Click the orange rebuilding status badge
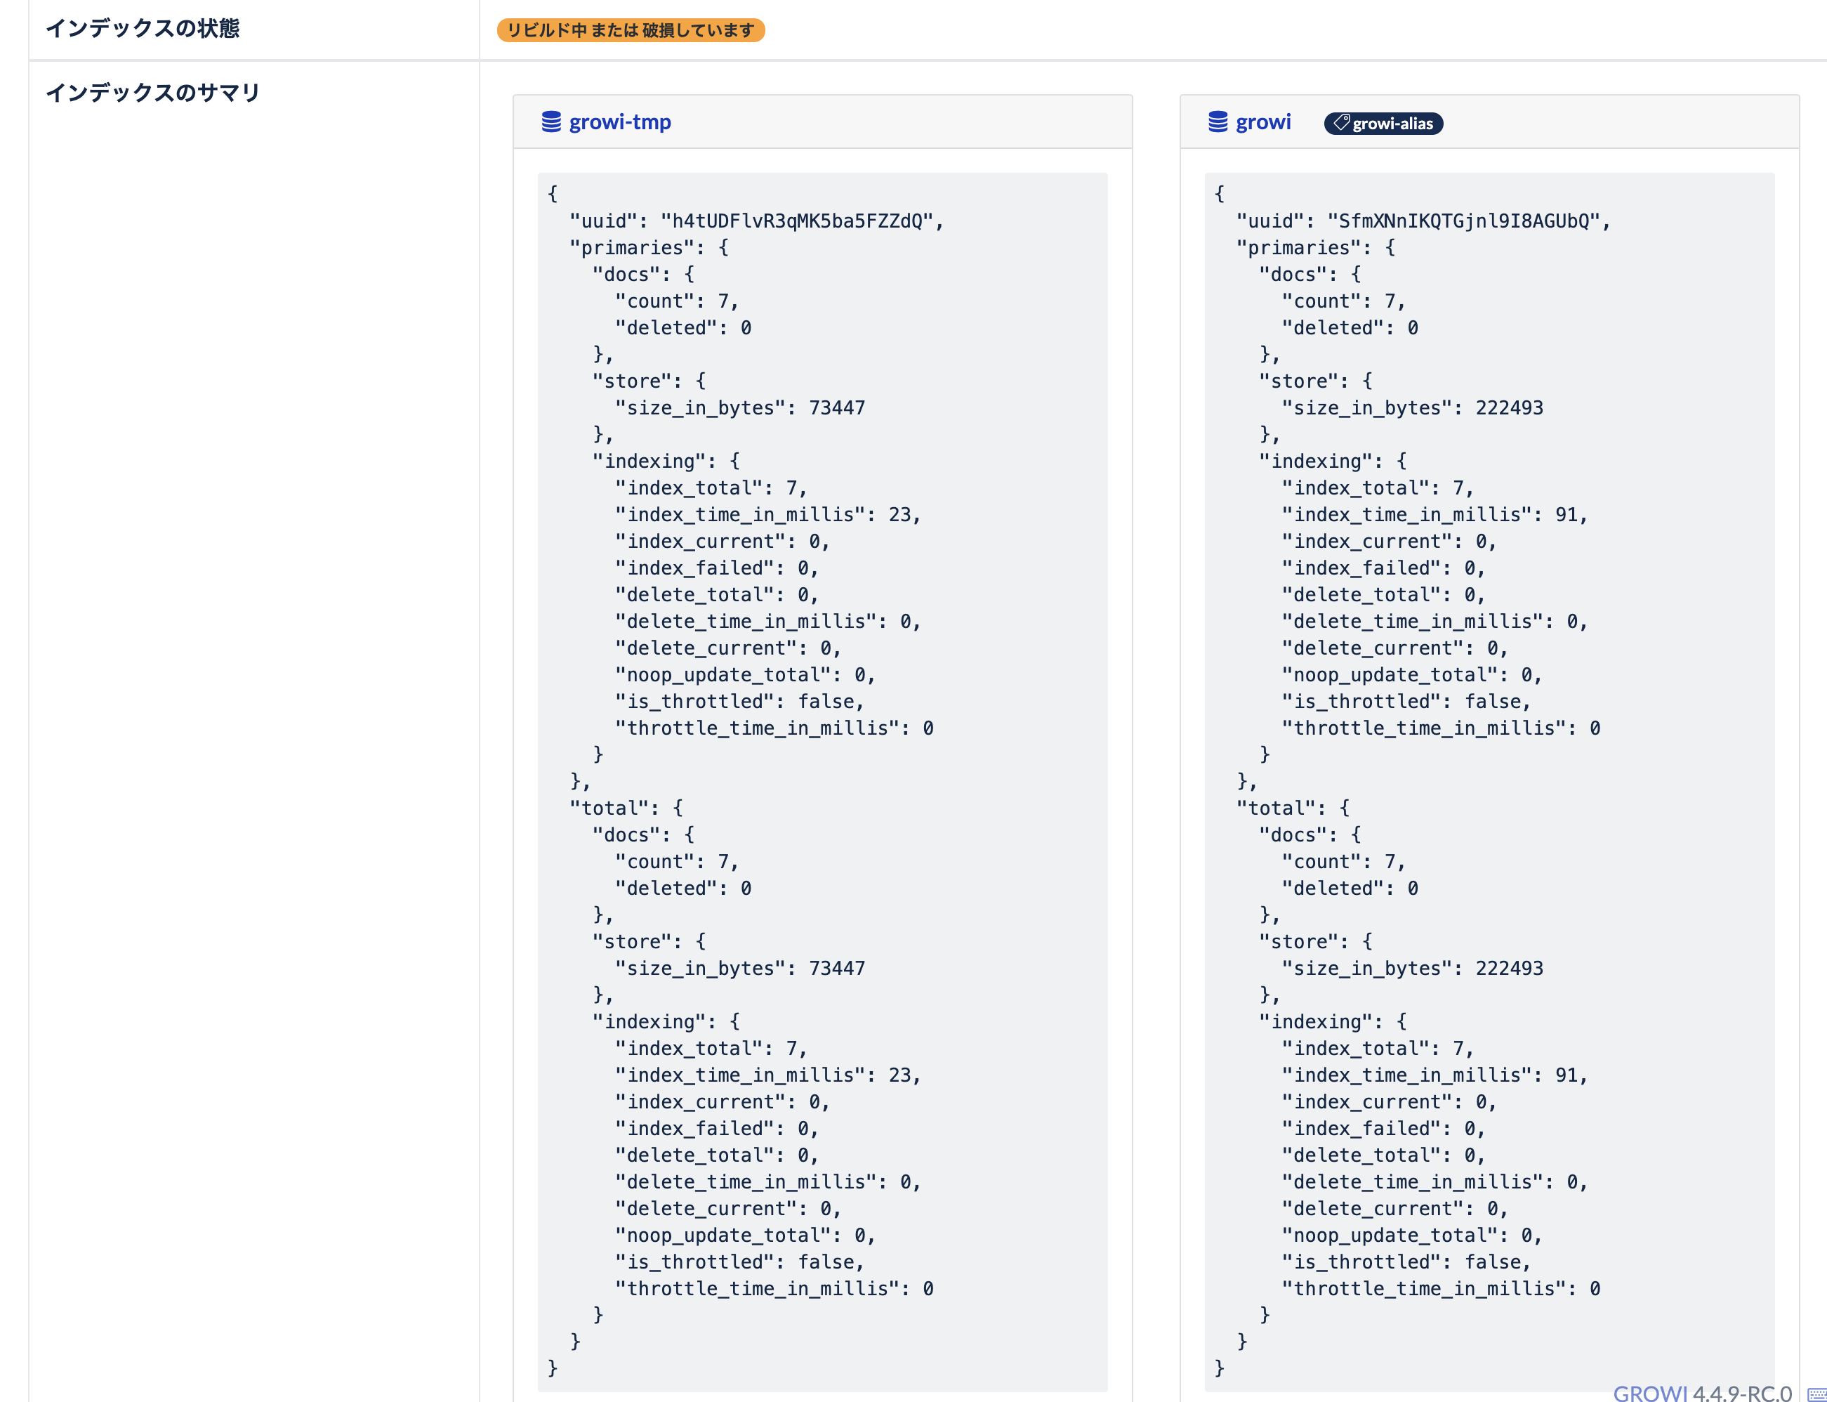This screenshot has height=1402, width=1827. pyautogui.click(x=630, y=31)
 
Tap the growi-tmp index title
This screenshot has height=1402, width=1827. pyautogui.click(x=620, y=123)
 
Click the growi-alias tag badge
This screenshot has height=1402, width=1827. pyautogui.click(x=1383, y=124)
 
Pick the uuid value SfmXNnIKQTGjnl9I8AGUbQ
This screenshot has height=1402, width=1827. pyautogui.click(x=1463, y=221)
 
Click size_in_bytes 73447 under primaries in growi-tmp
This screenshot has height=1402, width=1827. pyautogui.click(x=837, y=408)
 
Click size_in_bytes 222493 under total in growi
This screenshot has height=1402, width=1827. pyautogui.click(x=1509, y=969)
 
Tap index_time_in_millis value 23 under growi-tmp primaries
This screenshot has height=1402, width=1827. pyautogui.click(x=899, y=515)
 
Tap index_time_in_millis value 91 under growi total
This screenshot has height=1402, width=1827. pyautogui.click(x=1566, y=1075)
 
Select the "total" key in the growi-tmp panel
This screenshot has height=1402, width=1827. pyautogui.click(x=609, y=808)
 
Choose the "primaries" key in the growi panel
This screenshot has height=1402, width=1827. pyautogui.click(x=1303, y=248)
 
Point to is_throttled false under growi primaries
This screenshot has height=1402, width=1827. pyautogui.click(x=1498, y=702)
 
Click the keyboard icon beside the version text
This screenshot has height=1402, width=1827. pyautogui.click(x=1817, y=1394)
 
